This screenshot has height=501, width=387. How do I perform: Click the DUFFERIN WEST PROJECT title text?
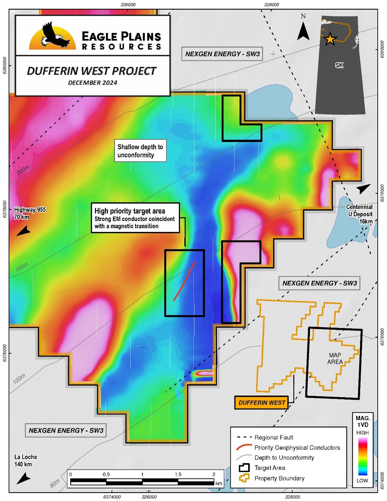point(91,71)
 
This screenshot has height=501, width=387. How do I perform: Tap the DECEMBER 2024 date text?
point(92,83)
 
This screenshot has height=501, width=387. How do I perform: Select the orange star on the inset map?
point(330,39)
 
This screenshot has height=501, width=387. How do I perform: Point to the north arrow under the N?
point(303,31)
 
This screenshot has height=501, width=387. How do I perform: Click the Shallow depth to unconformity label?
point(140,151)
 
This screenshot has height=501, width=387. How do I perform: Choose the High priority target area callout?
point(135,218)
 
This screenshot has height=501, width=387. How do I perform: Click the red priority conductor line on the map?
point(184,281)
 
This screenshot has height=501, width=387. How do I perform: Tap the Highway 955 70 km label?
point(29,213)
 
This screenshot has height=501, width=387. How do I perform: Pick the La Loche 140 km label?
point(25,460)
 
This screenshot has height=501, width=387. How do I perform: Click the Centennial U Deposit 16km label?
point(360,214)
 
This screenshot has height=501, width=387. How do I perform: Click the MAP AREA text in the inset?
point(334,359)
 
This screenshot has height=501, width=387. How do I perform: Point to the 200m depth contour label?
point(23,170)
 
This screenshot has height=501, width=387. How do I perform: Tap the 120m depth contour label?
point(19,379)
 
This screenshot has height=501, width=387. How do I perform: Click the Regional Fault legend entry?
point(273,437)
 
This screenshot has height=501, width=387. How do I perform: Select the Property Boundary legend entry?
point(279,478)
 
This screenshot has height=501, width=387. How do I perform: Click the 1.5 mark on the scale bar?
point(178,474)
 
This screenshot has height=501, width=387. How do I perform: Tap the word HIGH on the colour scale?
point(362,432)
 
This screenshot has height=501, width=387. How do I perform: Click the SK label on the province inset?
point(339,65)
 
